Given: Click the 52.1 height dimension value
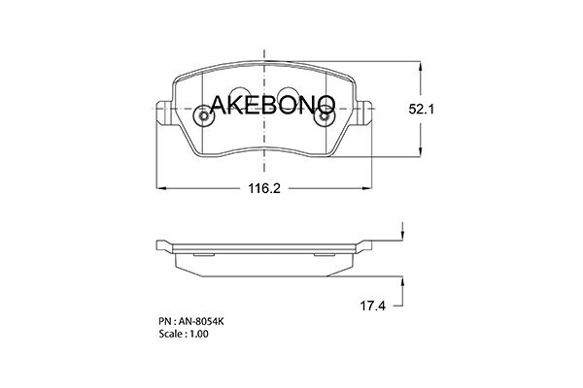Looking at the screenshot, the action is coord(422,110).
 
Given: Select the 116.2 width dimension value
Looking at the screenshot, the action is coord(264,188).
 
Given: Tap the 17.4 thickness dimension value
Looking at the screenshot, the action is coord(372,306).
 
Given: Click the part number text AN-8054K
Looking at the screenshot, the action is coord(201,321).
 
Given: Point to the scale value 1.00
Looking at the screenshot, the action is coord(199,334).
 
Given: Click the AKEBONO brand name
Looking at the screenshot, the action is coord(272,105).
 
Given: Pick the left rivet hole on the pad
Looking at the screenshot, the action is coord(204,115).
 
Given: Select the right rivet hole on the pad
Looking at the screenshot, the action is coord(325,115).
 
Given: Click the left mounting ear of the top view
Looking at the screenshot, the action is coord(164,113).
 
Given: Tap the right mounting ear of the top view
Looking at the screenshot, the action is coord(364,113).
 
